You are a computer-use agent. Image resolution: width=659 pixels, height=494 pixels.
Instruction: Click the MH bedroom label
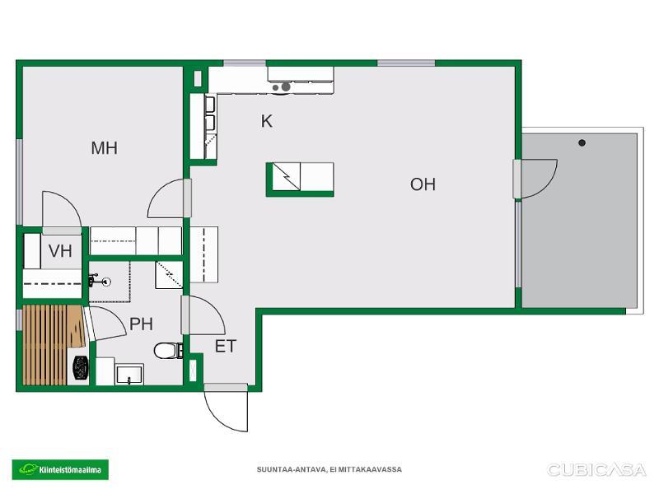pos(105,148)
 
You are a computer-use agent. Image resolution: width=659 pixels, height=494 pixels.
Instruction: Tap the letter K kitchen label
pos(266,121)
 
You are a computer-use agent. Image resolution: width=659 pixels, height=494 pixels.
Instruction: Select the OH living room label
pos(423,184)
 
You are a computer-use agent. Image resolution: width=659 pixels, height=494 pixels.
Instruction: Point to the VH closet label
pos(60,251)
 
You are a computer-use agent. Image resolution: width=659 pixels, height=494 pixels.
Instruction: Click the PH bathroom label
pos(141,324)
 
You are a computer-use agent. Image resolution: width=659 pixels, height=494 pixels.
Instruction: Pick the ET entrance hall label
pos(226,346)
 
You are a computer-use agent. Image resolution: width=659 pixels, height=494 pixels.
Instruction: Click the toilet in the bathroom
pos(168,351)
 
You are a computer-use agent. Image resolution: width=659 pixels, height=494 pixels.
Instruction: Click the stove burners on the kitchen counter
pos(282,87)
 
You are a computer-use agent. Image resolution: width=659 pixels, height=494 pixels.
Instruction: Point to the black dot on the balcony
pos(582,142)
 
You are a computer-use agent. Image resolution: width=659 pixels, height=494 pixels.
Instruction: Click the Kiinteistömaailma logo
pos(60,469)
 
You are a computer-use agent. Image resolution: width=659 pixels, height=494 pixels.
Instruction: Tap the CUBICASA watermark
pos(596,469)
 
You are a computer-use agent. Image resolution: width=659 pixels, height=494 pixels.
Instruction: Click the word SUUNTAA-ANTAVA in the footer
pos(291,469)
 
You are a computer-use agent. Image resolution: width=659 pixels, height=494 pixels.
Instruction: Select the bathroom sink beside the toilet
pos(130,375)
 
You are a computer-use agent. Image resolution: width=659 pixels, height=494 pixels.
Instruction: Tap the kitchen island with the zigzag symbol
pos(300,179)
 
